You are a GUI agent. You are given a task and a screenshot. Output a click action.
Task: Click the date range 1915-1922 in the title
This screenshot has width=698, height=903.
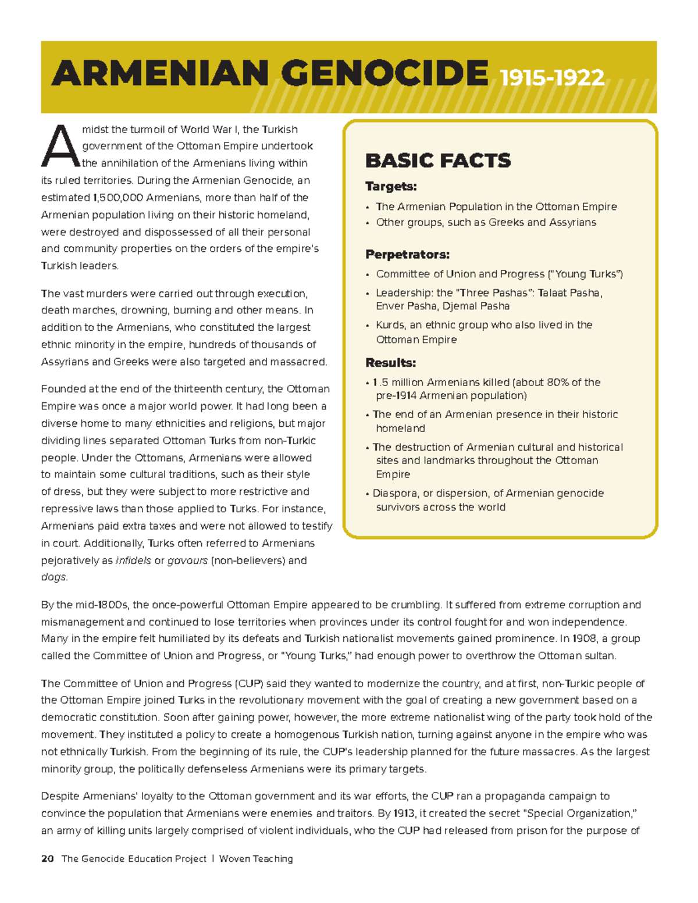(x=551, y=77)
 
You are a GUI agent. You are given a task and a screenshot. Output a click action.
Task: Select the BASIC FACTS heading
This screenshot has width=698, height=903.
(x=437, y=160)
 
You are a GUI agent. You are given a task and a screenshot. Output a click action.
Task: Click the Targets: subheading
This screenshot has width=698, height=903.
(x=391, y=187)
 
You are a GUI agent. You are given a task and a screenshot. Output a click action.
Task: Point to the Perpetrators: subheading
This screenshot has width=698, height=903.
(x=407, y=255)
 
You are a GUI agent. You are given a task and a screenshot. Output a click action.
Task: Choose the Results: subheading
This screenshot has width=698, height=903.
(x=390, y=363)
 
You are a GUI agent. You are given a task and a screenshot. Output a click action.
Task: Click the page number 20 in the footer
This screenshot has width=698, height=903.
(x=48, y=859)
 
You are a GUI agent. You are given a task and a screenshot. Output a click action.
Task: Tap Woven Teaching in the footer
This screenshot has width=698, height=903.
(x=256, y=859)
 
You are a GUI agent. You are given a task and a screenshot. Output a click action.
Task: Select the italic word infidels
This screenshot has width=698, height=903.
(x=133, y=561)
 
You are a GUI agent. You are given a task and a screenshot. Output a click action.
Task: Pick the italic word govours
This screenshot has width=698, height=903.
(x=187, y=561)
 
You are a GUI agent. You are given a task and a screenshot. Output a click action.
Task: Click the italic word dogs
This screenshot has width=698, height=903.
(x=54, y=577)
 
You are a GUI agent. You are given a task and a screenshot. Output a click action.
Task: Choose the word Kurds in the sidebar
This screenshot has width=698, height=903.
(x=390, y=324)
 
